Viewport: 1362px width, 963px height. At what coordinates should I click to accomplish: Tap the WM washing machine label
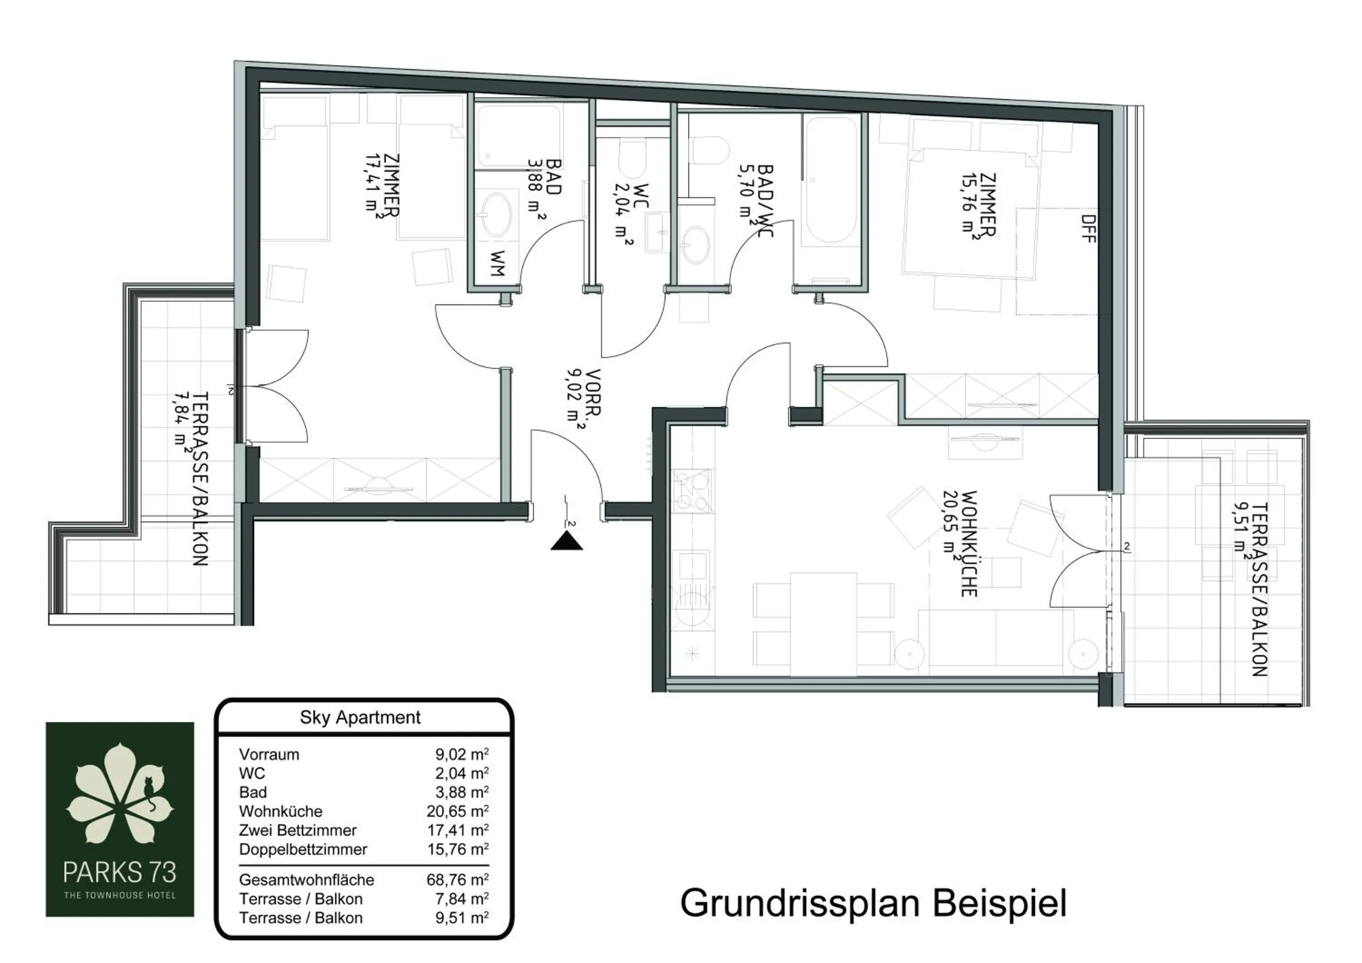point(497,263)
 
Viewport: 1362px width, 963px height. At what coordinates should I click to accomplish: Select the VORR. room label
point(592,393)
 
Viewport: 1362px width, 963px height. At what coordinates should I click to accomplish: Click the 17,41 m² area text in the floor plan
point(374,186)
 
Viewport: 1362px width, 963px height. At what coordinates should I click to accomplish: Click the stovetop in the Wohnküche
point(692,491)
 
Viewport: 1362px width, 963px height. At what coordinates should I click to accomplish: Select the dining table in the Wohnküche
point(823,624)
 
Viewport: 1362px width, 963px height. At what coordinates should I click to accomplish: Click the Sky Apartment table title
point(360,717)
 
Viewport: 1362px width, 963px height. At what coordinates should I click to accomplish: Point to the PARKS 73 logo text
point(119,872)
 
